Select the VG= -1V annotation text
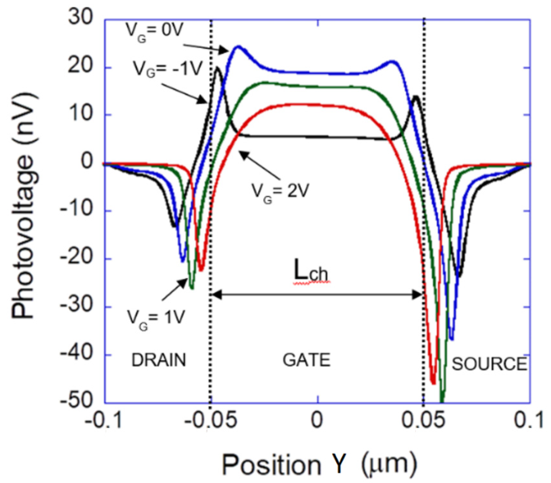click(168, 69)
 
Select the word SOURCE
click(489, 364)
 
